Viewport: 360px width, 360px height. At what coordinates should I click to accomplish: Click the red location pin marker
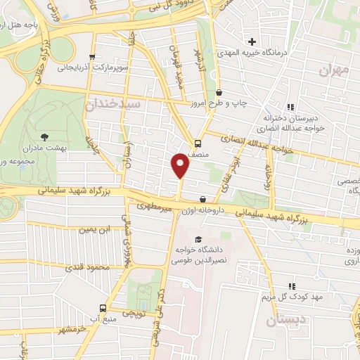(181, 166)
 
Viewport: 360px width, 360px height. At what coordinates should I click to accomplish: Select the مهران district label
(333, 70)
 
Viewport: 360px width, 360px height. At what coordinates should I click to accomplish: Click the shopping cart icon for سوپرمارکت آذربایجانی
(91, 57)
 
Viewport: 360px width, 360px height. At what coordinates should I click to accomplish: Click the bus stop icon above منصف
(198, 141)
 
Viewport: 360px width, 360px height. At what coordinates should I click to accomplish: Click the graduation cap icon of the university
(198, 239)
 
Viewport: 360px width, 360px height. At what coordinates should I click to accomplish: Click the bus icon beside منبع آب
(103, 308)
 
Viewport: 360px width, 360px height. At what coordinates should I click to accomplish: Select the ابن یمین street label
(95, 229)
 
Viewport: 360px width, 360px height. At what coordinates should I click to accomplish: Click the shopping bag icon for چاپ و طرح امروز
(219, 92)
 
